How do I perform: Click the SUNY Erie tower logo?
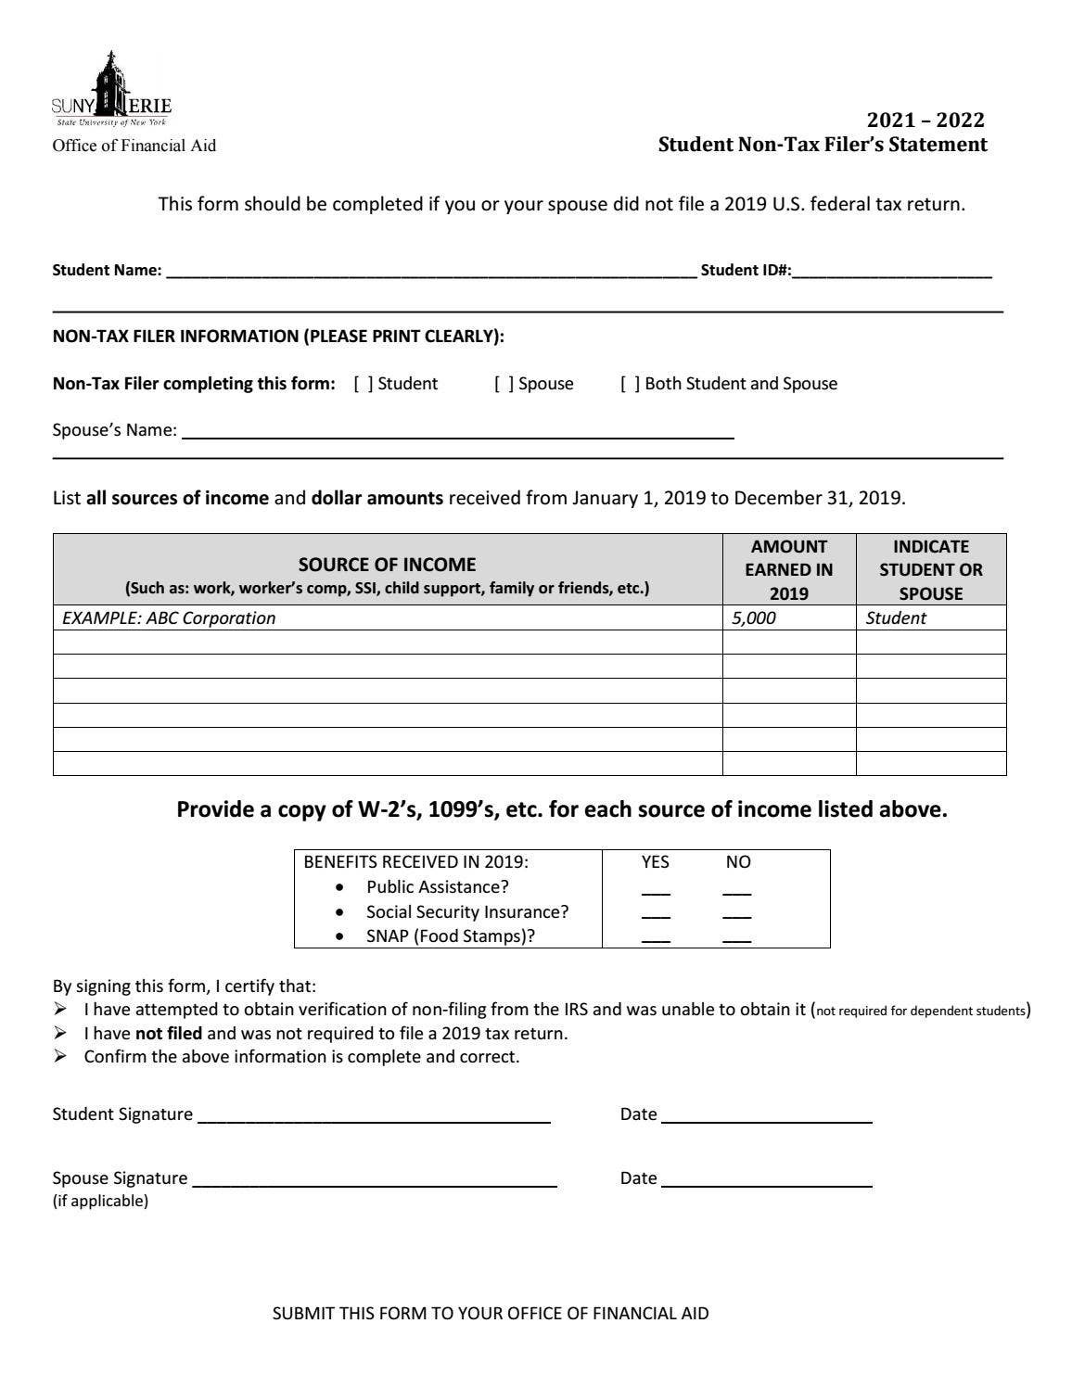[x=111, y=90]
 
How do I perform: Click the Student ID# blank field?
[x=892, y=271]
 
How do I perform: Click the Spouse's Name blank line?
[x=458, y=430]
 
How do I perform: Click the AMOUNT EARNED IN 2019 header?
[x=788, y=570]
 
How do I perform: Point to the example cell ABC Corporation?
[x=169, y=618]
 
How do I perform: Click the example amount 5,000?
[x=754, y=618]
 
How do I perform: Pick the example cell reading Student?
[x=896, y=618]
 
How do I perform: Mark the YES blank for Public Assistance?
[x=656, y=890]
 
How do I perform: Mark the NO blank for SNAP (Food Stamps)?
[x=737, y=938]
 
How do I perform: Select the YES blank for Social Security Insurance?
[x=656, y=914]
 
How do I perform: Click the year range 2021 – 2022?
[x=925, y=121]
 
